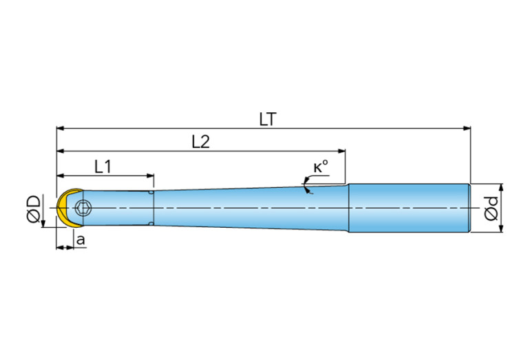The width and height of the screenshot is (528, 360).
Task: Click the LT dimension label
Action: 268,119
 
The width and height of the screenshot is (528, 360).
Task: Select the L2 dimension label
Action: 201,142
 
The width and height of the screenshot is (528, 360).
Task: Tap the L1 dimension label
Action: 103,167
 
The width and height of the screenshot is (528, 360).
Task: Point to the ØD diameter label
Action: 34,209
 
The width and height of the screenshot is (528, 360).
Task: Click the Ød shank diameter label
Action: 492,208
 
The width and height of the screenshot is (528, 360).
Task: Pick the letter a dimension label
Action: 81,240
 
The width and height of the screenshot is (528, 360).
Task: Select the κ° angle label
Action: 321,167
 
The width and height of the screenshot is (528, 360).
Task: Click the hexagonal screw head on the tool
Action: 83,208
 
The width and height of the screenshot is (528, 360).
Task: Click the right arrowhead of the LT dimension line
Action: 467,128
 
